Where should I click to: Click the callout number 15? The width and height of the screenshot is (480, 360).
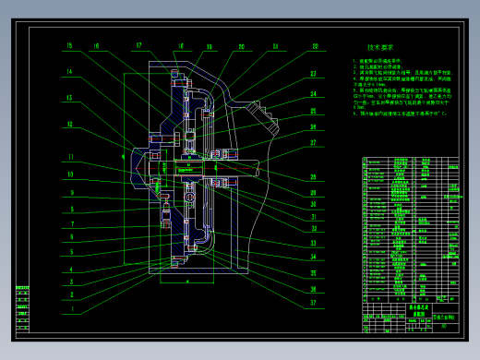coord(68,46)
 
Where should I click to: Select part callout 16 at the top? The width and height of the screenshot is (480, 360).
coord(95,46)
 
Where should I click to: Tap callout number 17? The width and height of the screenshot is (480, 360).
coord(138,45)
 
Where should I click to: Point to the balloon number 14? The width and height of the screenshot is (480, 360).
coord(68,71)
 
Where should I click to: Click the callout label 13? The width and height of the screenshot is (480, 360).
coord(68,97)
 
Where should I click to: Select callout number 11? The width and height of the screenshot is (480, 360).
coord(69,157)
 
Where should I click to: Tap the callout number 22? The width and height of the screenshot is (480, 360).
coord(314,46)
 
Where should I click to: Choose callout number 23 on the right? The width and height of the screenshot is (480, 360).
coord(314,74)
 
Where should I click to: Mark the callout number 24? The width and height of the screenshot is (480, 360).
coord(314,94)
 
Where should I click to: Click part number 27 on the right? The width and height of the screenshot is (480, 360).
coord(314,143)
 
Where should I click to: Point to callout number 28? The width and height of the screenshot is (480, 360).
coord(314,176)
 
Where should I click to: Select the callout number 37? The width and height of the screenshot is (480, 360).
coord(314,302)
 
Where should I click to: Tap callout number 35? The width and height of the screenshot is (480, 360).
coord(314,273)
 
